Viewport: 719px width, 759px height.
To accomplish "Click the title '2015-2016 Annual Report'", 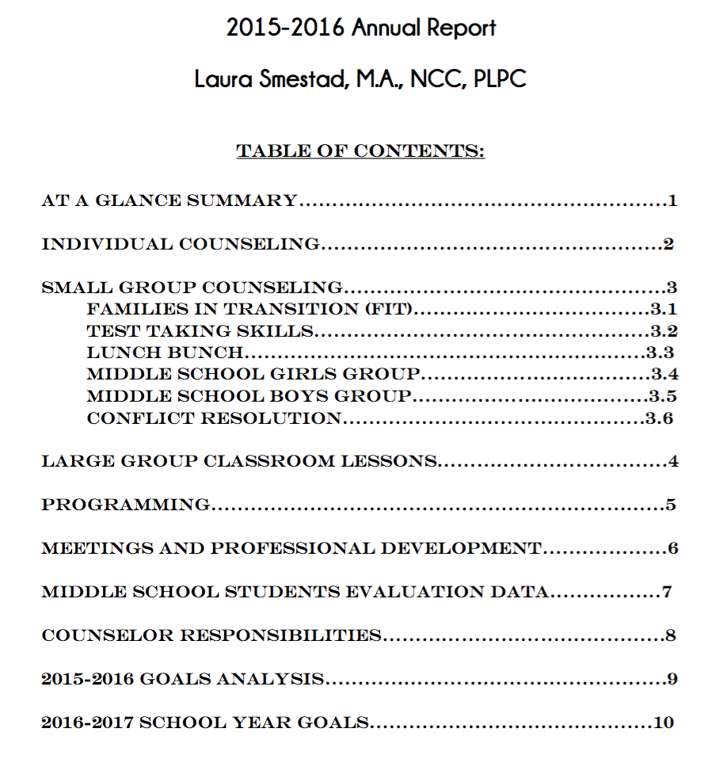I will point(361,29).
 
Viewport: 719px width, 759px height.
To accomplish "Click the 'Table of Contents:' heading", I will point(360,151).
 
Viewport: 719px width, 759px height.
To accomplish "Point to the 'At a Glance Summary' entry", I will point(169,201).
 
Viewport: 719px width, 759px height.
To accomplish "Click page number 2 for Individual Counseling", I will point(668,245).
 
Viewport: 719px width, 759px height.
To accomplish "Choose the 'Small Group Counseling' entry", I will point(192,288).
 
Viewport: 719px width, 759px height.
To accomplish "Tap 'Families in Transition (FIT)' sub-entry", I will point(249,310).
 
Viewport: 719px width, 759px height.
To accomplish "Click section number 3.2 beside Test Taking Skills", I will point(664,332).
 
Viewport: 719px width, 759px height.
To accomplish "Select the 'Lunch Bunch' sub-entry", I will point(164,353).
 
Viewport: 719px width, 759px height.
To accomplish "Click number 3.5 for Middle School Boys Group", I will point(663,397).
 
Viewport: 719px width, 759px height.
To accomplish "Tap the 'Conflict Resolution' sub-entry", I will point(213,418).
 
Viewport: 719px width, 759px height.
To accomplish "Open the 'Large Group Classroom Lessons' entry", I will point(238,462).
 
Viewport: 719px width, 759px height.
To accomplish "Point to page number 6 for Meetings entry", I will point(673,549).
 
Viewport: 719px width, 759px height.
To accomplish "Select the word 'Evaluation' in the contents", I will point(405,593).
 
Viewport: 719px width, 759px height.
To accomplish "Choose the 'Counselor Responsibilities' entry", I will point(211,636).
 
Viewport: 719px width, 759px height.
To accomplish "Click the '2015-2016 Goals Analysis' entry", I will point(182,680).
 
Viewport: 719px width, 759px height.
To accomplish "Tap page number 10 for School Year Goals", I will point(664,723).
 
